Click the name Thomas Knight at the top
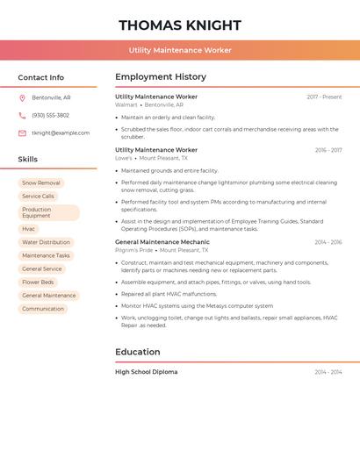coord(180,25)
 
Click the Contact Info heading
coord(41,77)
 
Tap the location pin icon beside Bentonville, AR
coord(22,97)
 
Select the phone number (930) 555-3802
coord(50,115)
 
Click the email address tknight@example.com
coord(61,132)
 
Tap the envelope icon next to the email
coord(22,132)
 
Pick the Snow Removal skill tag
coord(41,183)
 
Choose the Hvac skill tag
coord(29,229)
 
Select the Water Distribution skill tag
coord(46,242)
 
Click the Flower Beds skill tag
coord(38,283)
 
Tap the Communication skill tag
coord(43,309)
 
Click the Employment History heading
coord(161,77)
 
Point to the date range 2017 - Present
coord(324,97)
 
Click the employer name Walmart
coord(126,104)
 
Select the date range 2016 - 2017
coord(328,150)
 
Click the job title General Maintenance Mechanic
coord(162,241)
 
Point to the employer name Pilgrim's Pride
coord(133,249)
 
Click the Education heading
coord(138,352)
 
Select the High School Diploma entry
coord(146,372)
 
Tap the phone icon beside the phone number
coord(22,115)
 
